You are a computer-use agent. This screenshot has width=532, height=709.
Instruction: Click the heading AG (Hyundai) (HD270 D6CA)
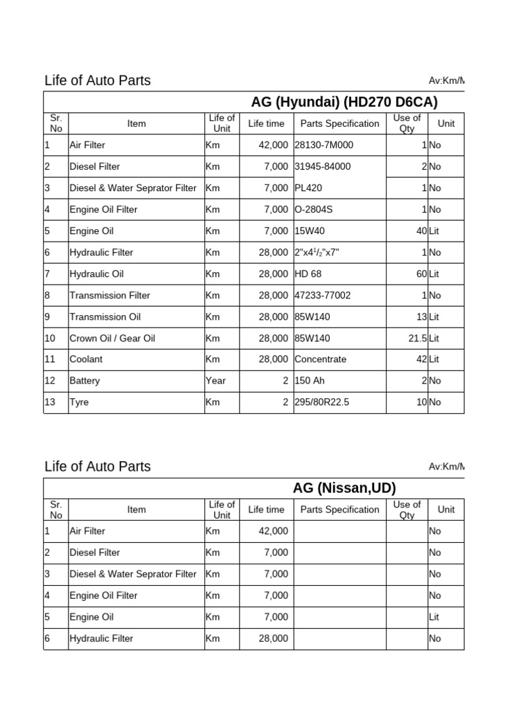tap(344, 102)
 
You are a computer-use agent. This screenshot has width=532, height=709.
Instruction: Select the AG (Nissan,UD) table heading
tap(344, 488)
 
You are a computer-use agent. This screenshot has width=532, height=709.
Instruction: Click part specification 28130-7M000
tap(323, 145)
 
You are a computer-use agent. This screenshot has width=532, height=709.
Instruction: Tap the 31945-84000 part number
tap(322, 167)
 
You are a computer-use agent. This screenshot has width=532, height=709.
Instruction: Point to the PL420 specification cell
tap(308, 188)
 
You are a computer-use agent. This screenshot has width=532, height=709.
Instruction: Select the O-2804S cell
tap(313, 210)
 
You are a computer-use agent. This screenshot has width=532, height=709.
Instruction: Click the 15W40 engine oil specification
tap(309, 231)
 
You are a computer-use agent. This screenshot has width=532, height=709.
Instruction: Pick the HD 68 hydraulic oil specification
tap(308, 274)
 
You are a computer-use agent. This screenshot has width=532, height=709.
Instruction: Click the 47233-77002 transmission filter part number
tap(322, 296)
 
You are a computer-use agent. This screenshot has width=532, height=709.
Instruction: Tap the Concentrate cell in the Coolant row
tap(320, 359)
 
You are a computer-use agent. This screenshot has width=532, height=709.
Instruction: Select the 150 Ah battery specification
tap(310, 381)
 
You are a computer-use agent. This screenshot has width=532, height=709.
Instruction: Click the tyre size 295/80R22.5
tap(323, 402)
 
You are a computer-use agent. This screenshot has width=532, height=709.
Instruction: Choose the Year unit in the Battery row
tap(216, 381)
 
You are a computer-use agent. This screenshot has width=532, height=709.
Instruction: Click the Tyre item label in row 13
tap(79, 402)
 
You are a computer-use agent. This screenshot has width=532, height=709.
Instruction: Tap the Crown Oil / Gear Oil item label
tap(112, 339)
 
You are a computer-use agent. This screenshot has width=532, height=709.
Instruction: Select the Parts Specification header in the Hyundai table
tap(339, 124)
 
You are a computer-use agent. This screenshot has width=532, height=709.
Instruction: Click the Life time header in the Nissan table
tap(266, 510)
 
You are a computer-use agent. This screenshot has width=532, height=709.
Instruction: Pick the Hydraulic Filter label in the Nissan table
tap(101, 638)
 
